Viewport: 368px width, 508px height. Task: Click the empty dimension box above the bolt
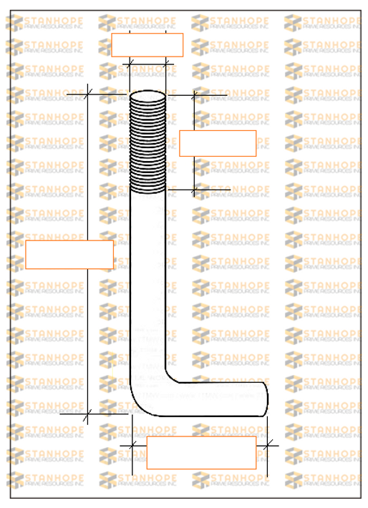click(147, 45)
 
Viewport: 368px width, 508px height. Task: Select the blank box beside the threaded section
click(217, 143)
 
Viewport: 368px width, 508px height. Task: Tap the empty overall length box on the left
click(69, 255)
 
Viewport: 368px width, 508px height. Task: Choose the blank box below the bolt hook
click(201, 452)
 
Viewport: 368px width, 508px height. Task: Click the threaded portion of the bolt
click(147, 143)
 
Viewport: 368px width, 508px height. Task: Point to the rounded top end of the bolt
click(147, 94)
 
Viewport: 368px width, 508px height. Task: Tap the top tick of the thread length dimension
click(194, 94)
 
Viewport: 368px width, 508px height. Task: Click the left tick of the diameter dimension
click(130, 64)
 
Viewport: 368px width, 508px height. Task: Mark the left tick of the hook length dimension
click(131, 445)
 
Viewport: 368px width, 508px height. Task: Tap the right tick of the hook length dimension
click(268, 445)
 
